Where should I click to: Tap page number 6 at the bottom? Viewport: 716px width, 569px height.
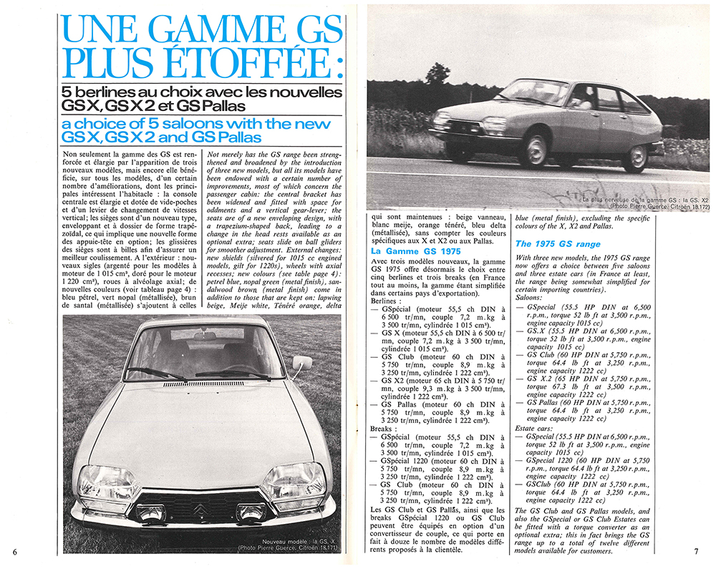[x=14, y=550]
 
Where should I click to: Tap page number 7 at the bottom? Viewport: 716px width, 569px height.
[x=695, y=550]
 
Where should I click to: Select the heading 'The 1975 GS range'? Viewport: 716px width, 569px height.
[x=558, y=244]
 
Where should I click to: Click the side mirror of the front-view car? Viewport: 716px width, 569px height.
[x=301, y=363]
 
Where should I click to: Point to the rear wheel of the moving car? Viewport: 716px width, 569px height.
[x=636, y=157]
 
